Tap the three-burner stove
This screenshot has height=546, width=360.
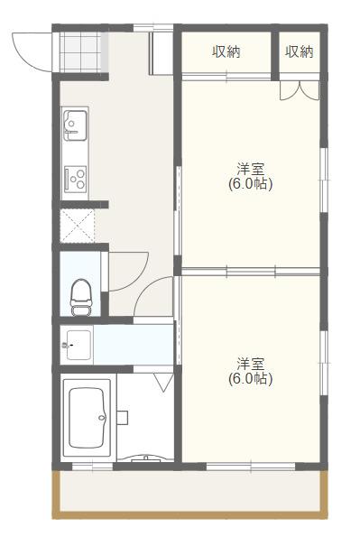coord(74,177)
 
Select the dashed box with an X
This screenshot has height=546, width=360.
coord(79,225)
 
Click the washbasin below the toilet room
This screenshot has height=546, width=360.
coord(77,345)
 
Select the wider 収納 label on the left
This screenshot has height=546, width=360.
coord(226,52)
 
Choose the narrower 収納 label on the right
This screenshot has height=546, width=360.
coord(299,52)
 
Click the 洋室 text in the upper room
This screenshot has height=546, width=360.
coord(251,169)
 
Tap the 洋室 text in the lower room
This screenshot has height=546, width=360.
coord(251,364)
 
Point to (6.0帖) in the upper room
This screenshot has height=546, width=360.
coord(251,184)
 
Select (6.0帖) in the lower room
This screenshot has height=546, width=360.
coord(251,379)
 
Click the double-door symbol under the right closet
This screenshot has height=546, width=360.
coord(299,90)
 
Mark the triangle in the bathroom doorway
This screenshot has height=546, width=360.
coord(163,383)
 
